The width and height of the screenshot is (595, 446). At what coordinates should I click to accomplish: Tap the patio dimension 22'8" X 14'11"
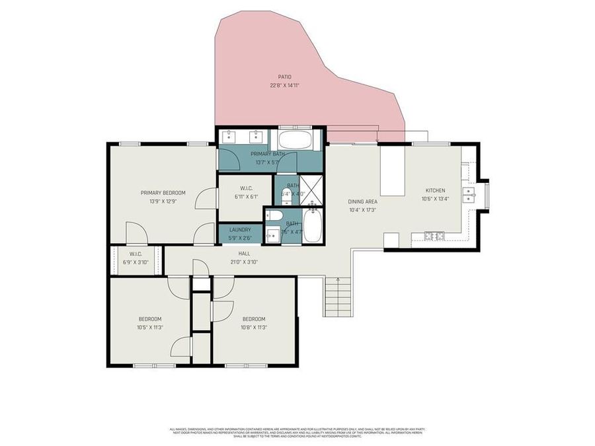285,85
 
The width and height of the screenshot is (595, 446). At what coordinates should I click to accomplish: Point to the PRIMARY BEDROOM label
163,193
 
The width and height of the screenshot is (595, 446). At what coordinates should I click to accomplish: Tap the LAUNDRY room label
240,229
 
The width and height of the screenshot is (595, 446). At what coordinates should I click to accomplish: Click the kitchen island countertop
393,170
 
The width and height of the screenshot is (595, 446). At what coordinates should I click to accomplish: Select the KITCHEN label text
436,190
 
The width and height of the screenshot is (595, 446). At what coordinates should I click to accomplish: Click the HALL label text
244,253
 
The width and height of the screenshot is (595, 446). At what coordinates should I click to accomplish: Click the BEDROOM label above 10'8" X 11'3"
253,319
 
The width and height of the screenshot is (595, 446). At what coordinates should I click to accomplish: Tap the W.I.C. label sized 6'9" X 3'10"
136,254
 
